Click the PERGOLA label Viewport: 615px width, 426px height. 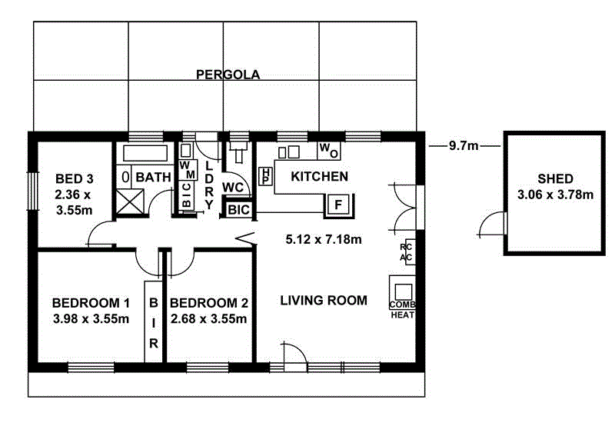pos(228,75)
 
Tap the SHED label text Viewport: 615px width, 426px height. pos(556,179)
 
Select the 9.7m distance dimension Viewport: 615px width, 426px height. pos(464,145)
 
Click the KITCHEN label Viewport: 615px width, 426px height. pos(319,176)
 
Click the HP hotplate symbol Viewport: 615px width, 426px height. pos(265,175)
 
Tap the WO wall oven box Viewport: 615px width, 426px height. pos(327,148)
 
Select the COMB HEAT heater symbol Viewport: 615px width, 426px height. pos(403,298)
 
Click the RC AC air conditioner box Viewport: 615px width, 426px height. pos(407,253)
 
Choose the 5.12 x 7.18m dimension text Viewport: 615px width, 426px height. pos(324,239)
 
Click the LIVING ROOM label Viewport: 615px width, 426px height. pos(324,300)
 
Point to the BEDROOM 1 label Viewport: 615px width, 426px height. pos(91,302)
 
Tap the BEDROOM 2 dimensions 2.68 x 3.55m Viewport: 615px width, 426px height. pos(209,318)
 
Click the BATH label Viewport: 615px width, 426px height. pos(153,177)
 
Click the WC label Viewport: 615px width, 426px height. pos(233,187)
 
